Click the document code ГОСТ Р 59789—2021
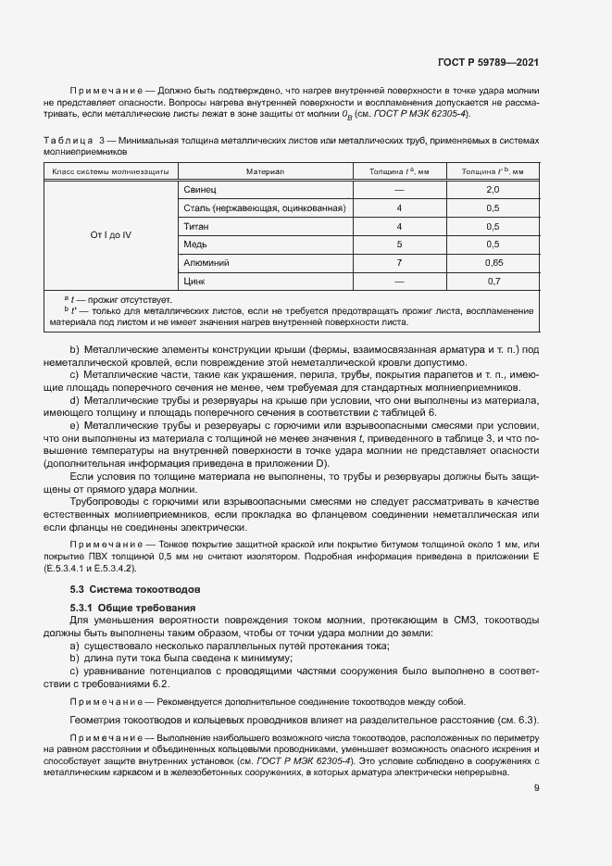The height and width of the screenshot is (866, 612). click(487, 63)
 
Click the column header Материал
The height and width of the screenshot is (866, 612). click(265, 171)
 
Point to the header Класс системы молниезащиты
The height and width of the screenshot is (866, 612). click(111, 171)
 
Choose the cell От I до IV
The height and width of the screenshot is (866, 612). click(111, 235)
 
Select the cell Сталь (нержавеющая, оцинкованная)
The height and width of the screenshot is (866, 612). click(265, 208)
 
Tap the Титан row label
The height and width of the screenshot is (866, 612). click(196, 226)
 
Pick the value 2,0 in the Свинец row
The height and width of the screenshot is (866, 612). click(493, 190)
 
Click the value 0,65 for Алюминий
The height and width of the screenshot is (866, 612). click(493, 262)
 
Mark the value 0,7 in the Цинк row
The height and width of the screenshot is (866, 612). click(493, 281)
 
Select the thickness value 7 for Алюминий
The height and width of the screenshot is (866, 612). click(399, 262)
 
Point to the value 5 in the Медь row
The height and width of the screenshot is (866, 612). click(399, 245)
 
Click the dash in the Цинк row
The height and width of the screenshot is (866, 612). click(399, 281)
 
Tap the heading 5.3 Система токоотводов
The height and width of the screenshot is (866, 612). click(136, 589)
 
